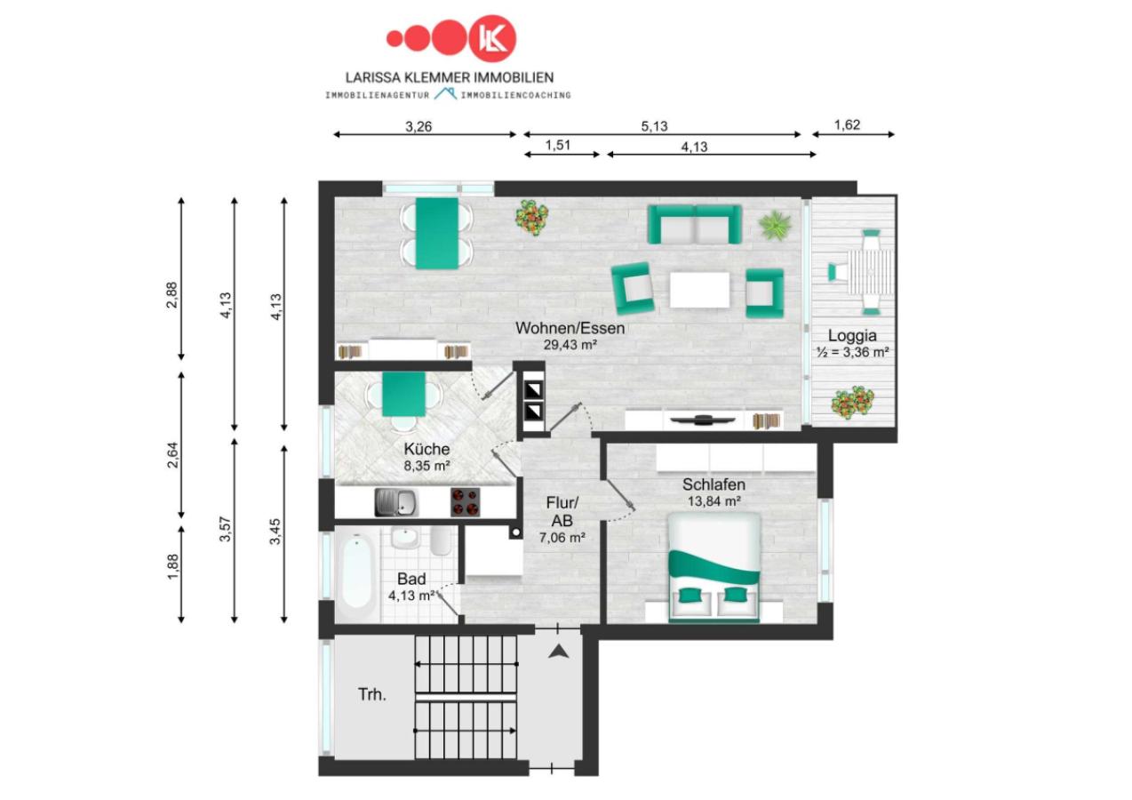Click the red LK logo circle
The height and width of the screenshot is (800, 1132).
[x=493, y=38]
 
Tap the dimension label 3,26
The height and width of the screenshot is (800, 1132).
[x=419, y=126]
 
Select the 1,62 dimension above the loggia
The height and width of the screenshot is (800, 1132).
[x=847, y=125]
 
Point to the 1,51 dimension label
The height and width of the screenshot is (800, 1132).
[x=558, y=146]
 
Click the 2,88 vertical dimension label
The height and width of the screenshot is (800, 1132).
[x=172, y=294]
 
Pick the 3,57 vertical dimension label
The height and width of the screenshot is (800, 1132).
[x=225, y=529]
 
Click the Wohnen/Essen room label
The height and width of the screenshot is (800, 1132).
[x=570, y=328]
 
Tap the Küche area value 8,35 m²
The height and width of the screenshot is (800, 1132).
[x=427, y=466]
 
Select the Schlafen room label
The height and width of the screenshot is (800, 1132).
[x=713, y=484]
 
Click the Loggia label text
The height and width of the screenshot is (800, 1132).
[x=852, y=335]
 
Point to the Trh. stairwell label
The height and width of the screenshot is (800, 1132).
[x=372, y=694]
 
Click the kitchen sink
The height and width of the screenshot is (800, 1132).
[x=396, y=502]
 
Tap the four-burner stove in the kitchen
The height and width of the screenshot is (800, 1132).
[x=465, y=502]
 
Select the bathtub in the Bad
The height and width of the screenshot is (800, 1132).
[x=357, y=573]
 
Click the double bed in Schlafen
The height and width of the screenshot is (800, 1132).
[x=714, y=568]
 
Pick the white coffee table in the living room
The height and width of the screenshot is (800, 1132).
[x=700, y=290]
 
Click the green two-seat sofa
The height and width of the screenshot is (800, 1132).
[x=695, y=224]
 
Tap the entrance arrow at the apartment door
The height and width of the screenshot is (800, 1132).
[x=558, y=652]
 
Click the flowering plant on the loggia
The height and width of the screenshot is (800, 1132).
[x=852, y=402]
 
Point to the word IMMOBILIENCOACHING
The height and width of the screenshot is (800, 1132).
[x=515, y=95]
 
